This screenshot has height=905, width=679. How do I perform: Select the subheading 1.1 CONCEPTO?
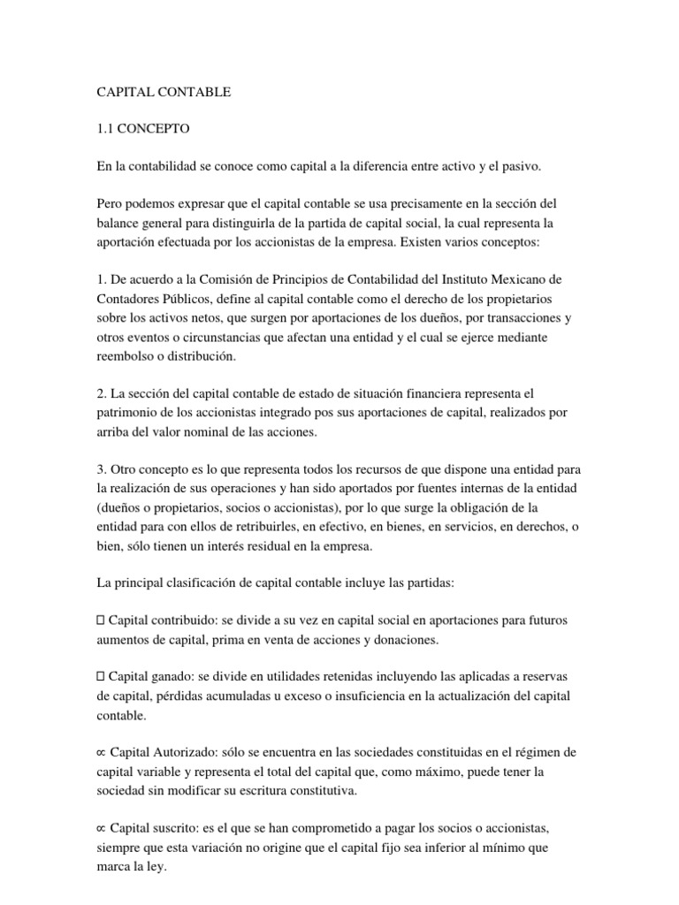[x=143, y=129]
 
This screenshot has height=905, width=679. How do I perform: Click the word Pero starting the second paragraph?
[x=111, y=204]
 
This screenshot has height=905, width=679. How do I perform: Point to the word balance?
[x=118, y=224]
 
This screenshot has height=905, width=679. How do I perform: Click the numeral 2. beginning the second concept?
[x=100, y=392]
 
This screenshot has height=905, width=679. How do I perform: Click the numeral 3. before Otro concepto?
[x=100, y=469]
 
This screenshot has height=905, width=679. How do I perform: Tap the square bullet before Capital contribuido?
[x=100, y=620]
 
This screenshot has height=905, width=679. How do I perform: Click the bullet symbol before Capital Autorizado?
[x=100, y=753]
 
